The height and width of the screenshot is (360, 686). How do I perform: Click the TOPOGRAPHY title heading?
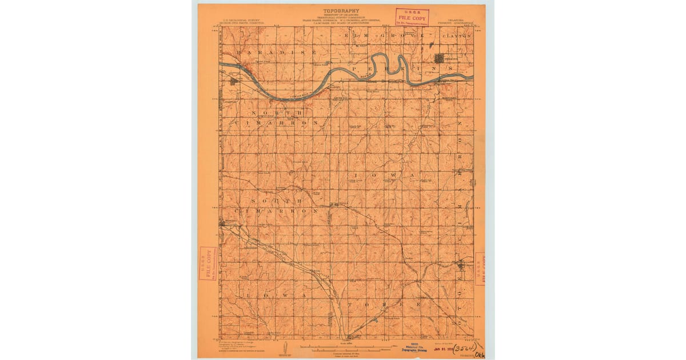point(341,11)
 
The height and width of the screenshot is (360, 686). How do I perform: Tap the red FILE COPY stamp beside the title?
point(412,17)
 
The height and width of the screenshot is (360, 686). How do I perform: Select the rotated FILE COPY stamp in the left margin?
point(207,263)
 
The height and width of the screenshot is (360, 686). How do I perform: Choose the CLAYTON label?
point(457,35)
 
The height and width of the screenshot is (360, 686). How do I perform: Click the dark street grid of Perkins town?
point(440,58)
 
